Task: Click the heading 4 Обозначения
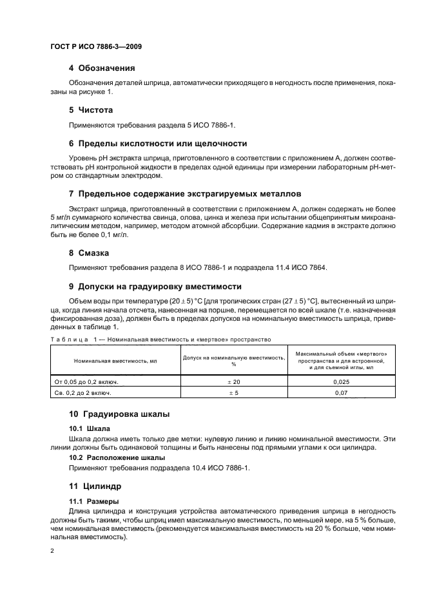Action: (x=102, y=68)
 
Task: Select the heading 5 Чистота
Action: (x=91, y=110)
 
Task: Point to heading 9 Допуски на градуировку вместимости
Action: (x=159, y=287)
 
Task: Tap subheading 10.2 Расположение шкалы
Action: (x=113, y=457)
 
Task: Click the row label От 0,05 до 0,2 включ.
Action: (x=86, y=381)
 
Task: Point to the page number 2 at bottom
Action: (x=52, y=551)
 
